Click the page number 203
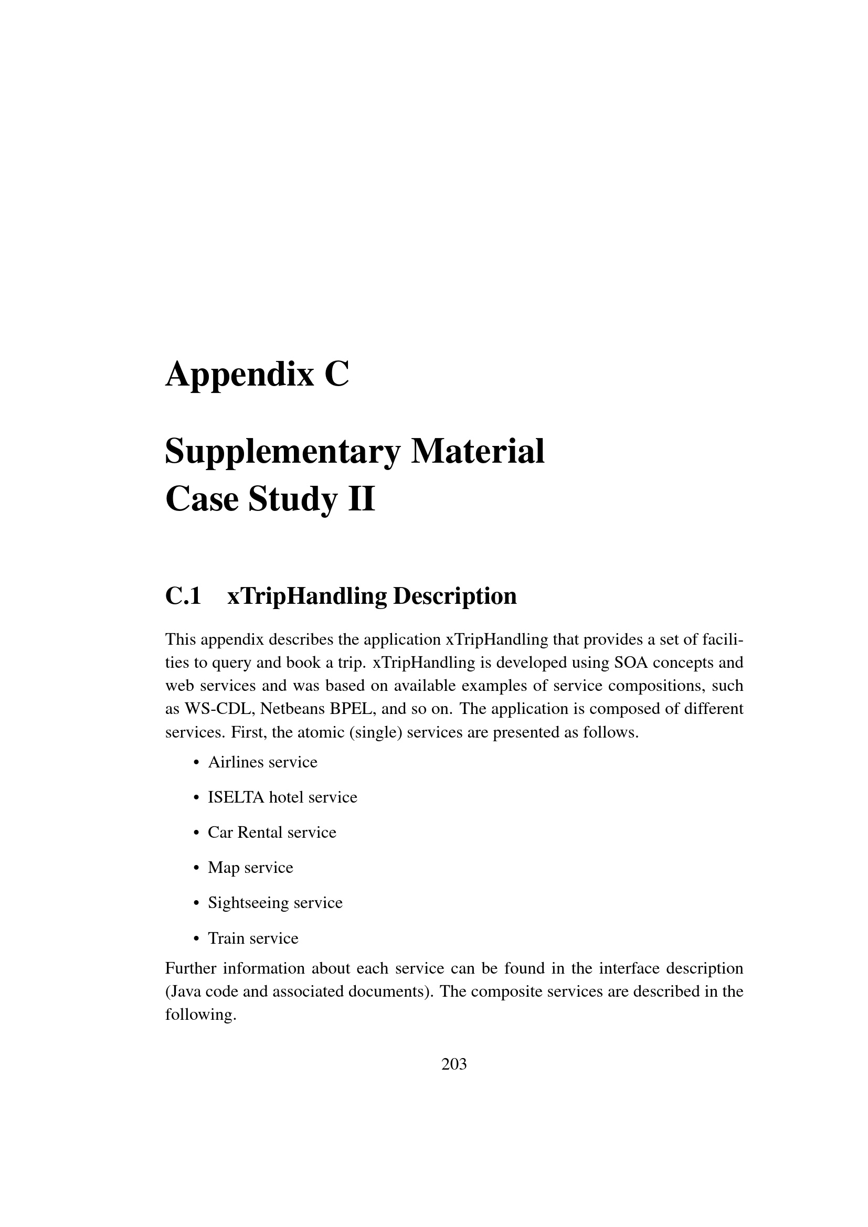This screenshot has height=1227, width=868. point(454,1075)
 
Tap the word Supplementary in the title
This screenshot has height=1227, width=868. point(282,452)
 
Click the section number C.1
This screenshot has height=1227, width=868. point(183,596)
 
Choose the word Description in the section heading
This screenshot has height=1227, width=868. point(455,596)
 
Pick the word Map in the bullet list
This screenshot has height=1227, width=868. point(224,868)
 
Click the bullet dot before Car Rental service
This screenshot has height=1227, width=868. point(196,833)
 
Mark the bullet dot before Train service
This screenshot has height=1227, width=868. point(196,939)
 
